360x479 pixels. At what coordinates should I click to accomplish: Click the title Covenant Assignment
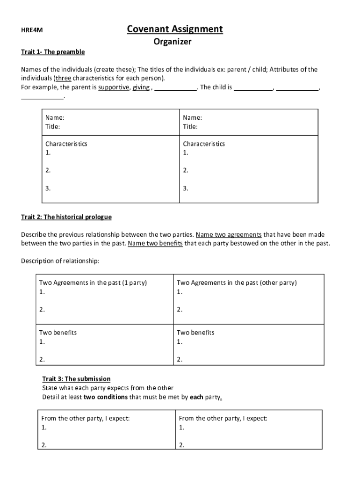[x=175, y=29]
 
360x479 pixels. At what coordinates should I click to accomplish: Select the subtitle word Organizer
[x=173, y=42]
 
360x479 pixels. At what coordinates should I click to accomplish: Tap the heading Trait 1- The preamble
[x=53, y=51]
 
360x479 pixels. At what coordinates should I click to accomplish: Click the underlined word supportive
[x=114, y=87]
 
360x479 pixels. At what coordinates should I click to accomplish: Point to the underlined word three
[x=64, y=78]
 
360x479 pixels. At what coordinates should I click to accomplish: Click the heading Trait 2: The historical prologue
[x=66, y=217]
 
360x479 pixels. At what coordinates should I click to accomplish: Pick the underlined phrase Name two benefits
[x=155, y=243]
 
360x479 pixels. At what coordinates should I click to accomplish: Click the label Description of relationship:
[x=60, y=261]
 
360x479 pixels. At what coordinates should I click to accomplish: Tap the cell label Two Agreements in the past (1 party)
[x=93, y=283]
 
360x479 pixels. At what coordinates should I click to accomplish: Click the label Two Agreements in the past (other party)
[x=237, y=283]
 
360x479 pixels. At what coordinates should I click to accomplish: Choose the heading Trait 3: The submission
[x=76, y=379]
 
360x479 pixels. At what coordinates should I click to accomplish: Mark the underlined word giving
[x=141, y=87]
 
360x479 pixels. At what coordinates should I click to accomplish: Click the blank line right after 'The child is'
[x=253, y=87]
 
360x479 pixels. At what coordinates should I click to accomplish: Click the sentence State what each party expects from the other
[x=108, y=388]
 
